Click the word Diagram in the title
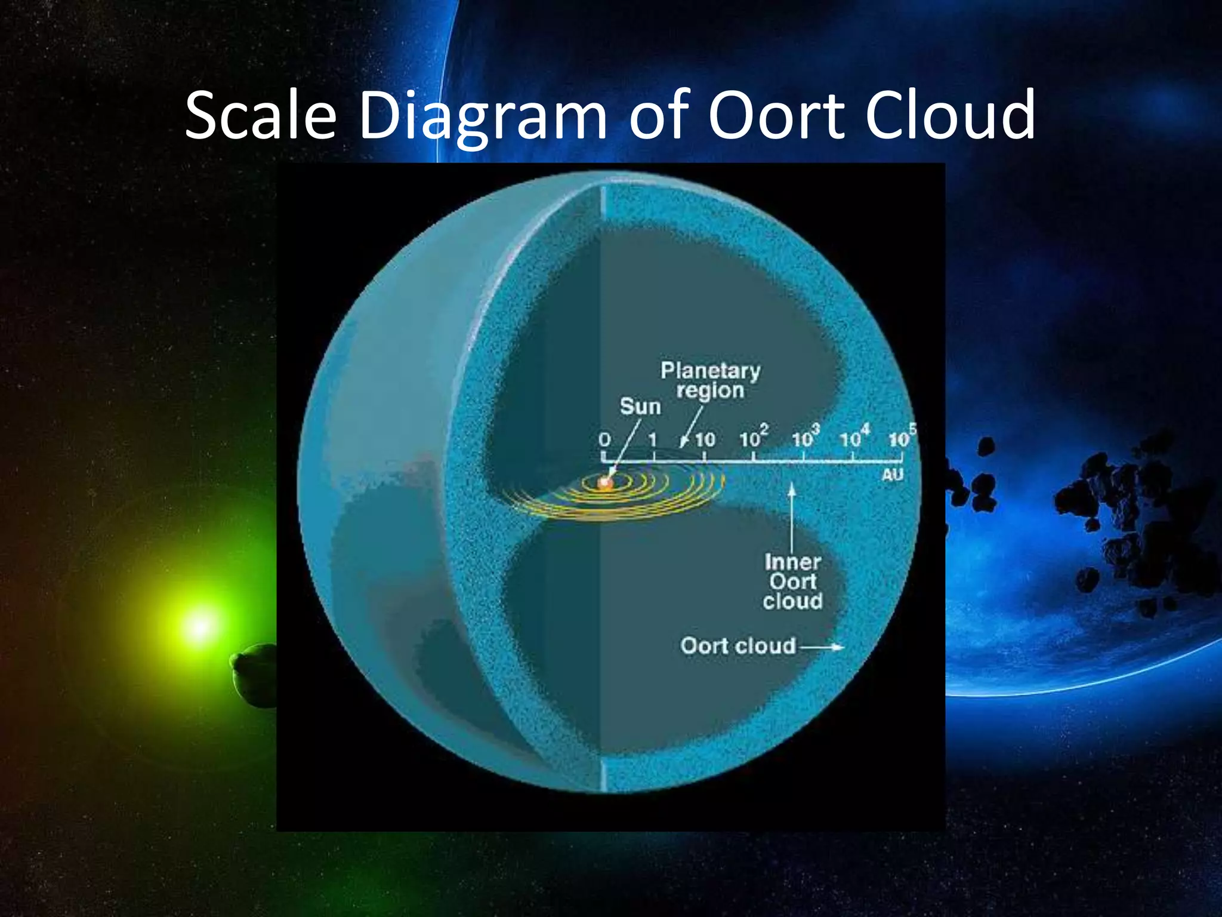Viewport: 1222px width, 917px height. pyautogui.click(x=482, y=116)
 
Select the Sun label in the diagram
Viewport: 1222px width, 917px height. pyautogui.click(x=640, y=407)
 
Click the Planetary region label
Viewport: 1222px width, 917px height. pyautogui.click(x=710, y=380)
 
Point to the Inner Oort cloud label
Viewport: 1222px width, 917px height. pyautogui.click(x=792, y=581)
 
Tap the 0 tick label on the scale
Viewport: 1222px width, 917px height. pyautogui.click(x=604, y=440)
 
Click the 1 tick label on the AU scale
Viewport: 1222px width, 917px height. pyautogui.click(x=653, y=440)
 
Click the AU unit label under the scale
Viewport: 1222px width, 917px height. pyautogui.click(x=893, y=475)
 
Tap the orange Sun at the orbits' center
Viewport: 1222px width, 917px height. pyautogui.click(x=606, y=482)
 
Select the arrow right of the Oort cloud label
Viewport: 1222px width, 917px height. pyautogui.click(x=822, y=647)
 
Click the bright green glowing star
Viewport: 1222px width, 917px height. pyautogui.click(x=199, y=626)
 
